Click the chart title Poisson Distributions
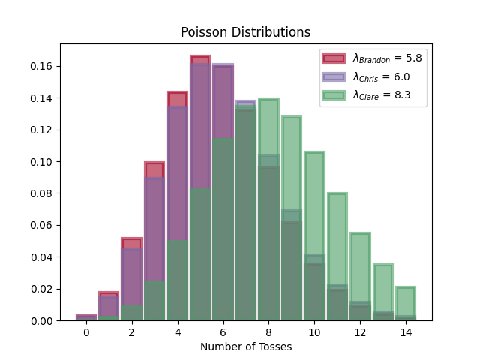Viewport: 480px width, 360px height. tap(245, 33)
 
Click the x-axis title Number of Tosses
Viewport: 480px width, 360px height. tap(245, 346)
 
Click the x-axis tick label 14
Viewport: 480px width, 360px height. tap(406, 331)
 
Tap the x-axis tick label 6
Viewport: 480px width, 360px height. tap(223, 331)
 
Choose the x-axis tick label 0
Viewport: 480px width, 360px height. tap(85, 331)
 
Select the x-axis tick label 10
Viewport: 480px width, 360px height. tap(314, 331)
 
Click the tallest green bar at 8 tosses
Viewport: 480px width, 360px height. tap(268, 210)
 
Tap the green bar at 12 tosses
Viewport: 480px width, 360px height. tap(360, 277)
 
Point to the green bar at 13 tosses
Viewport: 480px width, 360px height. tap(383, 292)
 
